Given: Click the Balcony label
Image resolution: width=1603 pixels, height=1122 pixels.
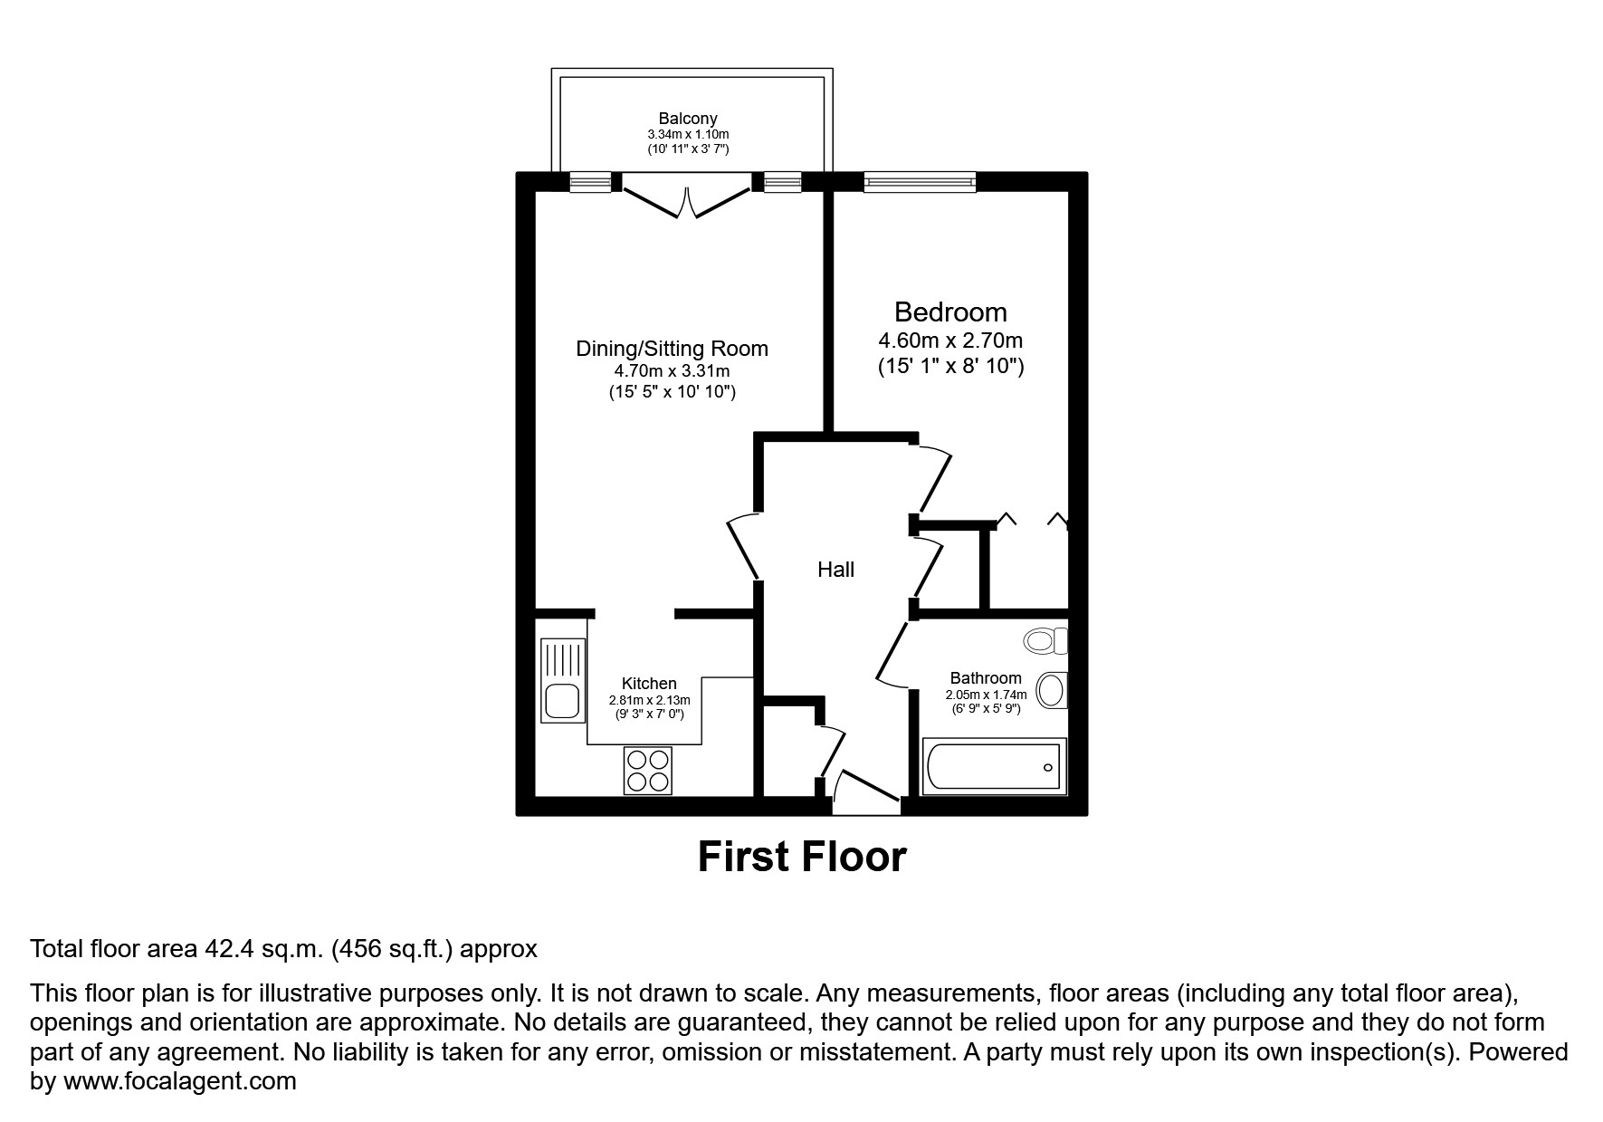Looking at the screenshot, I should click(687, 119).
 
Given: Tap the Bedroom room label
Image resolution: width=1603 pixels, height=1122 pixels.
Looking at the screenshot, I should click(950, 312).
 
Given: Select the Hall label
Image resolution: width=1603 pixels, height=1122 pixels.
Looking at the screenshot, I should click(835, 570).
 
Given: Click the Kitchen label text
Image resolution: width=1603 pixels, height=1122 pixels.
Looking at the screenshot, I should click(649, 684).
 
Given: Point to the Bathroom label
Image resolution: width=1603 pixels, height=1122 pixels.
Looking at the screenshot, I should click(986, 678).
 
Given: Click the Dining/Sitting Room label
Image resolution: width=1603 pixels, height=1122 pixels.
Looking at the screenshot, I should click(672, 349).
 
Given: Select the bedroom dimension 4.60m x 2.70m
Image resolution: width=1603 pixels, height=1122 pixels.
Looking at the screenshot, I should click(950, 341).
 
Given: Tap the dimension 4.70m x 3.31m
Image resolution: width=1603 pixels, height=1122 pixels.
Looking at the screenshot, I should click(672, 371).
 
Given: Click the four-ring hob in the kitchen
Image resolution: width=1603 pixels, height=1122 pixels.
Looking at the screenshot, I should click(648, 770).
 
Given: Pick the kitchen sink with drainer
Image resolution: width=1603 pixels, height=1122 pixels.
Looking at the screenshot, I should click(562, 680).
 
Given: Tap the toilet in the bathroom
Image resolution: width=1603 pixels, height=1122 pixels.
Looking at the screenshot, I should click(1045, 641).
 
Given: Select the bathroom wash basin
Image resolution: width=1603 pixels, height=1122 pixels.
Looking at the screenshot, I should click(1052, 690).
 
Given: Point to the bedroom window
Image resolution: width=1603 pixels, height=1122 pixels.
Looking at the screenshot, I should click(920, 182).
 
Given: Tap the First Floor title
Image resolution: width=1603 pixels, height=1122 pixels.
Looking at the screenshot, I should click(801, 857).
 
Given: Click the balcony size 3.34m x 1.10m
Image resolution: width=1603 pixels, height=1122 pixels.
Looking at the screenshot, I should click(687, 134).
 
